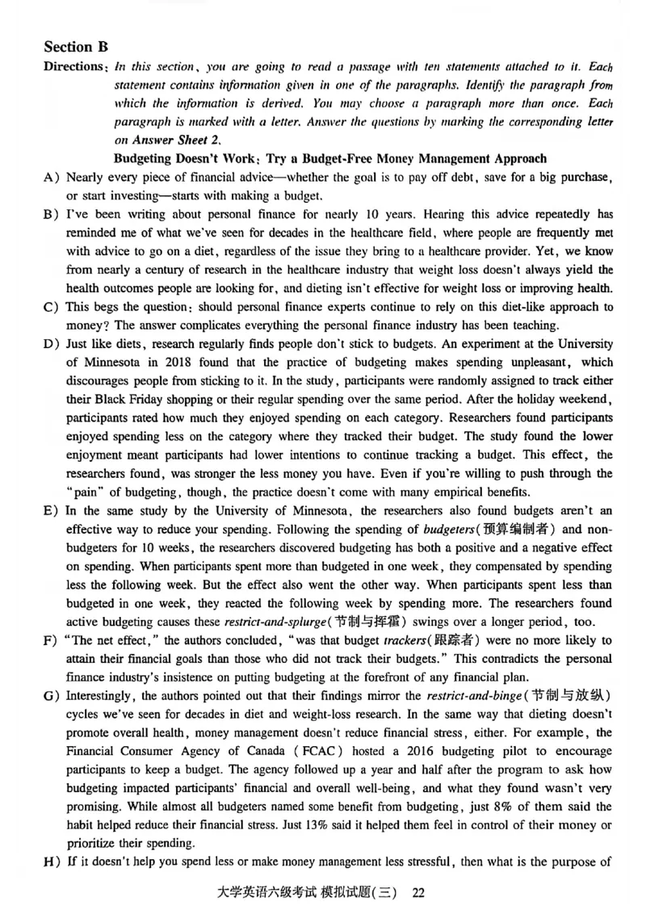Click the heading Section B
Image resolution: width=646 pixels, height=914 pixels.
(76, 47)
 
